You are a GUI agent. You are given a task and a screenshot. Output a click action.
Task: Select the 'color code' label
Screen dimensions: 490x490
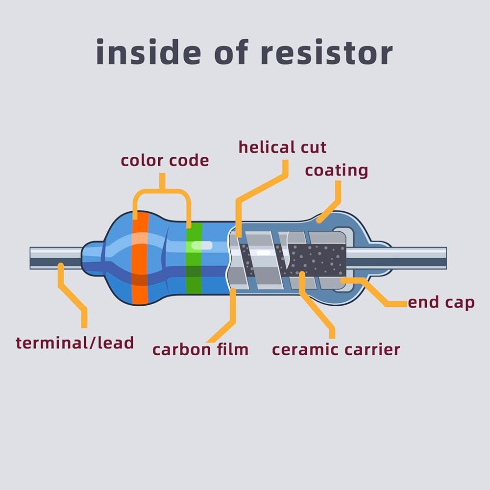pyautogui.click(x=165, y=160)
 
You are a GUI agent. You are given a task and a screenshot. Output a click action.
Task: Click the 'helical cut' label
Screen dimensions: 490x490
pyautogui.click(x=282, y=147)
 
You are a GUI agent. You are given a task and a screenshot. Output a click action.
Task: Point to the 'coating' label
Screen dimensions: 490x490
pyautogui.click(x=336, y=171)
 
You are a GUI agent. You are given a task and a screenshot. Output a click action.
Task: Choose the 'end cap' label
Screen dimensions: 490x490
pyautogui.click(x=441, y=302)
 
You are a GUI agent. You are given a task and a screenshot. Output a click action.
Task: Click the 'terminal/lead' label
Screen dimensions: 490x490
pyautogui.click(x=74, y=342)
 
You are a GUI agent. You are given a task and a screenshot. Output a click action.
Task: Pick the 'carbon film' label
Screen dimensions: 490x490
pyautogui.click(x=200, y=349)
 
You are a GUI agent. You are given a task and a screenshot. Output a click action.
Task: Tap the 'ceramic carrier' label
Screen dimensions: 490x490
pyautogui.click(x=336, y=349)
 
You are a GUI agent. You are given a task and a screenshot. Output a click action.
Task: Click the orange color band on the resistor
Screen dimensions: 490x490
pyautogui.click(x=140, y=257)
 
